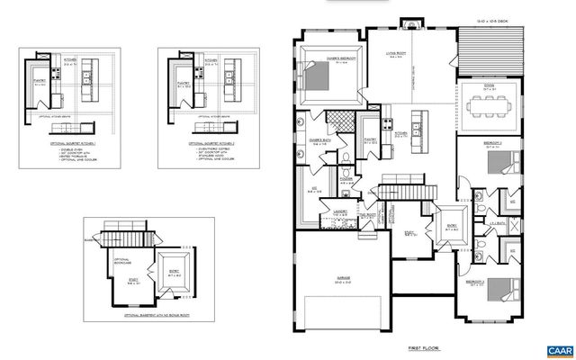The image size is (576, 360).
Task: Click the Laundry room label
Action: pos(340,212)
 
